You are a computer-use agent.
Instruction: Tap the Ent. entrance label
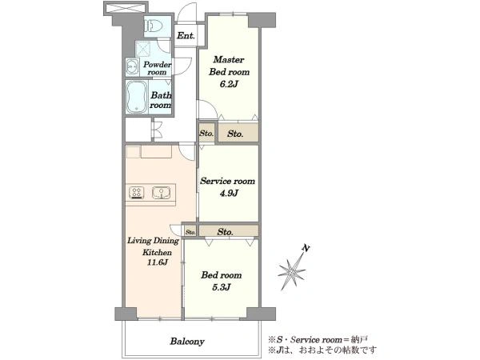(186, 35)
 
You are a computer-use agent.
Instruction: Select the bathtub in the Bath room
(136, 98)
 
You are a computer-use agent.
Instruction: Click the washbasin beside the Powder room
(132, 66)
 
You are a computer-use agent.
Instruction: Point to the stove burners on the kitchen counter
(137, 193)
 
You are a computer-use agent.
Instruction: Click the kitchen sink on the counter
(161, 192)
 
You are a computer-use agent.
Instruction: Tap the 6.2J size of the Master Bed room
(228, 84)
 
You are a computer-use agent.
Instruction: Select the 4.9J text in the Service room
(229, 193)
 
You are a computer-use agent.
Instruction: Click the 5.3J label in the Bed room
(222, 287)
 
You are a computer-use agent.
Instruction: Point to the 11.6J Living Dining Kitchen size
(158, 262)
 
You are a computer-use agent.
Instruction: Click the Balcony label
(187, 342)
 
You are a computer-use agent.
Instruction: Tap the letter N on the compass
(305, 248)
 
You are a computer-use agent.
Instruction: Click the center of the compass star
(292, 271)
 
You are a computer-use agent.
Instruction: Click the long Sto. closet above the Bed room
(228, 231)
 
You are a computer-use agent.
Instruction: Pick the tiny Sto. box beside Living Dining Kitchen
(190, 232)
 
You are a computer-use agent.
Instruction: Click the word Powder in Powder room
(158, 65)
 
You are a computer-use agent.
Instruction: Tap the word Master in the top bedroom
(229, 59)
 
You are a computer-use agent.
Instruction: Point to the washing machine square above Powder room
(142, 49)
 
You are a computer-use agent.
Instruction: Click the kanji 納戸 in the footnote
(359, 339)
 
